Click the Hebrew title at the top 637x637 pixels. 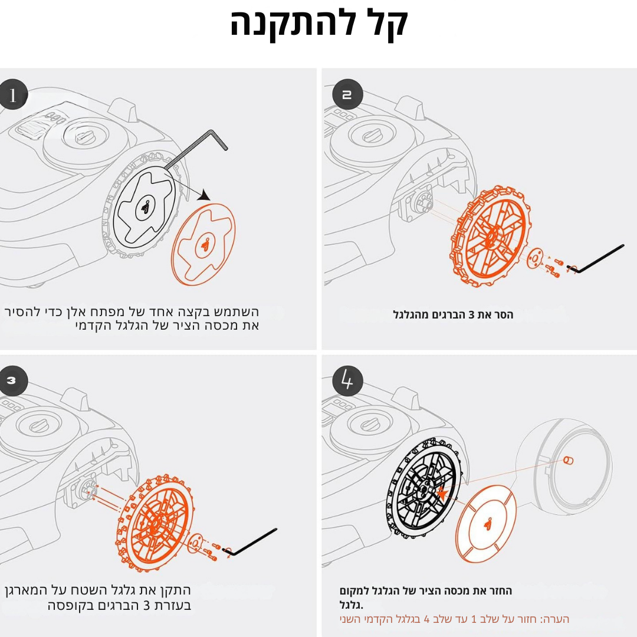click(319, 24)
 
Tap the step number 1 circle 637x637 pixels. click(12, 94)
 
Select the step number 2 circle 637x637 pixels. click(347, 94)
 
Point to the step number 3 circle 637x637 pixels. click(12, 380)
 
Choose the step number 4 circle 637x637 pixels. click(347, 380)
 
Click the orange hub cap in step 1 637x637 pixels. click(203, 244)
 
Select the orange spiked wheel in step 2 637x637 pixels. click(490, 235)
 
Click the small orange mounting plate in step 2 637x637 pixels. click(535, 259)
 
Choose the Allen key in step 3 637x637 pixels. click(249, 541)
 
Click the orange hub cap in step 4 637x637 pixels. click(486, 524)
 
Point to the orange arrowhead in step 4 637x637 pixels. click(441, 494)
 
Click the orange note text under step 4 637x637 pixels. click(454, 619)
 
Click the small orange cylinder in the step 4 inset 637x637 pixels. click(568, 460)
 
